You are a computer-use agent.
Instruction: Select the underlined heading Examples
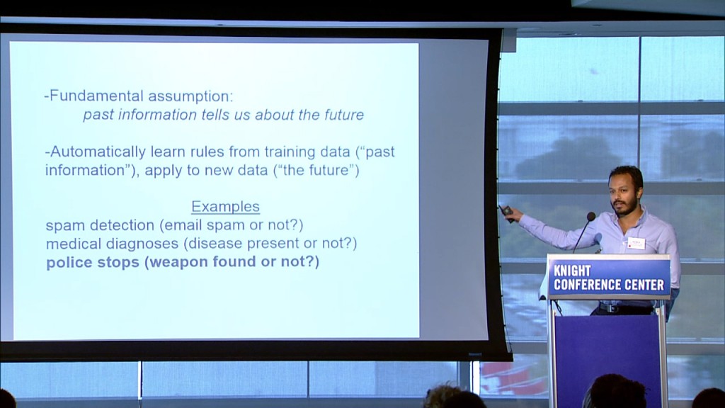click(x=226, y=207)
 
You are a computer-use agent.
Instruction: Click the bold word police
click(x=69, y=262)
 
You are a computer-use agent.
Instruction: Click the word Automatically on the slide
click(x=98, y=152)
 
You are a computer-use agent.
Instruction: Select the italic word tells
click(x=216, y=115)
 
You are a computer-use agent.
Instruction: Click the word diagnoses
click(x=142, y=244)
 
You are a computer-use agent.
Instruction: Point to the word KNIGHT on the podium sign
click(x=572, y=271)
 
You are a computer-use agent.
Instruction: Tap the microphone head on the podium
click(x=590, y=216)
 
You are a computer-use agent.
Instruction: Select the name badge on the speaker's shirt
click(x=636, y=244)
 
